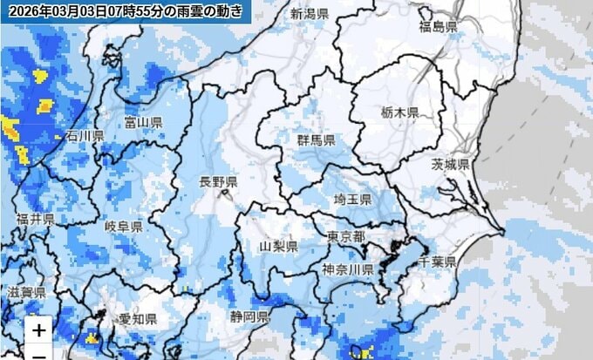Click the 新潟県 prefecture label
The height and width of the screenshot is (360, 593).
point(310,14)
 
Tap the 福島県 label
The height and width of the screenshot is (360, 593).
point(438,27)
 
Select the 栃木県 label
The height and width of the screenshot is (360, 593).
point(400,113)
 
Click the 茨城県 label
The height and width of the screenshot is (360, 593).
point(450,165)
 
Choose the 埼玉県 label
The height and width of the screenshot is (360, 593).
point(352,200)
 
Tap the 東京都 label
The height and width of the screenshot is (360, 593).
point(345,237)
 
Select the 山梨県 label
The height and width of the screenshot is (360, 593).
point(279,247)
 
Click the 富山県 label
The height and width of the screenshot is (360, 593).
point(144,122)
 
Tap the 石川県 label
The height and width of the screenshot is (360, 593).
point(85,136)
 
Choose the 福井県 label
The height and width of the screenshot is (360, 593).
point(36,218)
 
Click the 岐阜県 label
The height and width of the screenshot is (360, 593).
point(124,227)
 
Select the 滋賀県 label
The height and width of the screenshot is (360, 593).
point(24,292)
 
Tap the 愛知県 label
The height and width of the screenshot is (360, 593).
point(138,319)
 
